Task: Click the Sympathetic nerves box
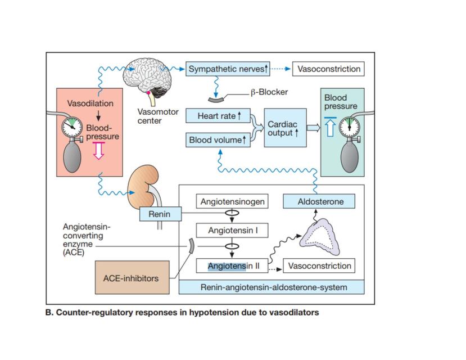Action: [228, 69]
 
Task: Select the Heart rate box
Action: [218, 116]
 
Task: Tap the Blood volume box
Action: [218, 139]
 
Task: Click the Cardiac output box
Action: [285, 128]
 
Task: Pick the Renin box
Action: [160, 214]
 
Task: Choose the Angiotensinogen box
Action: [232, 201]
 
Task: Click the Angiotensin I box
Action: [232, 231]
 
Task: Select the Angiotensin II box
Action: [232, 265]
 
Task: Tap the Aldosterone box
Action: [319, 201]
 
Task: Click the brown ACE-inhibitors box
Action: [132, 277]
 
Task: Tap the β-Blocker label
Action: [269, 92]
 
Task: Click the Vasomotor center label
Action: [158, 116]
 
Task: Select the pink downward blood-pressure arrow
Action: [99, 150]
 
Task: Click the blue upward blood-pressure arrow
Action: [331, 127]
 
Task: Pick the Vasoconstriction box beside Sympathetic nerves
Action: [328, 69]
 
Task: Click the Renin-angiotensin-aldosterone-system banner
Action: [272, 287]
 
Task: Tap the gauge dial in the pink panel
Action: [72, 127]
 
